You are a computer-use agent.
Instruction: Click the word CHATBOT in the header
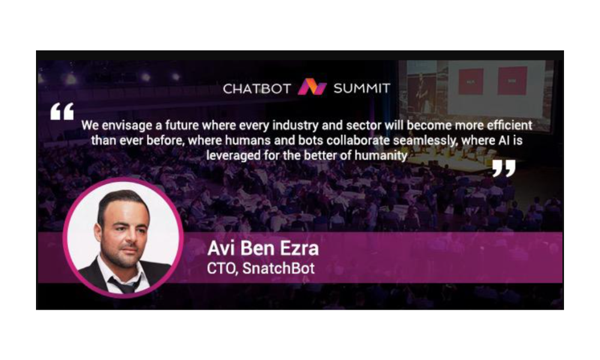257,89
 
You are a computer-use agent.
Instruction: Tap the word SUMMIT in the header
362,89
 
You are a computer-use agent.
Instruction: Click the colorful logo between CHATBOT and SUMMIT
312,87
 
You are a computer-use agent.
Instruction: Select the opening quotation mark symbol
62,112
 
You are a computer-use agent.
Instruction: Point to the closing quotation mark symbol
503,169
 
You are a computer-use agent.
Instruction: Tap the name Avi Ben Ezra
263,248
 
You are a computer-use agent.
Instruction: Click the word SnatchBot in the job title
278,268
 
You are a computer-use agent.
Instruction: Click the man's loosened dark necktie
124,284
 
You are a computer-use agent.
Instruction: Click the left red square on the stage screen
470,82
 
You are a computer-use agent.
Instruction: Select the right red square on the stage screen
512,81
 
